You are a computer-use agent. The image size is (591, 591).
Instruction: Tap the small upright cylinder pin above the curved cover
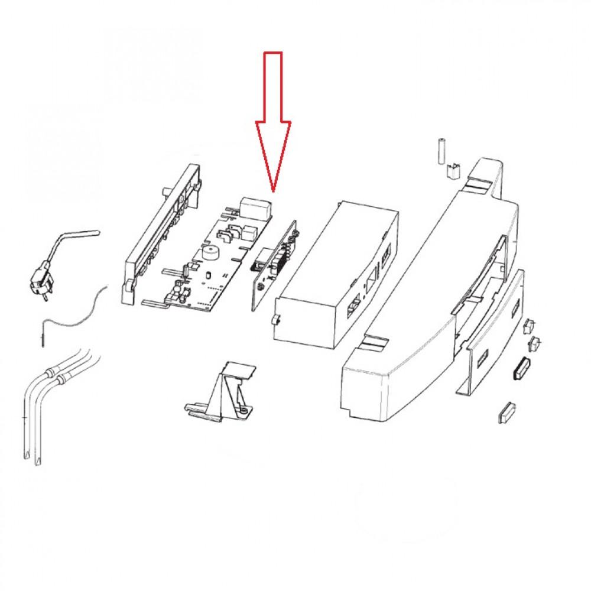440,152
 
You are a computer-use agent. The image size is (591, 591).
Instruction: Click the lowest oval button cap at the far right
506,411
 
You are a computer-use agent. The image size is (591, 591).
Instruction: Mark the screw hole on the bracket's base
243,410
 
